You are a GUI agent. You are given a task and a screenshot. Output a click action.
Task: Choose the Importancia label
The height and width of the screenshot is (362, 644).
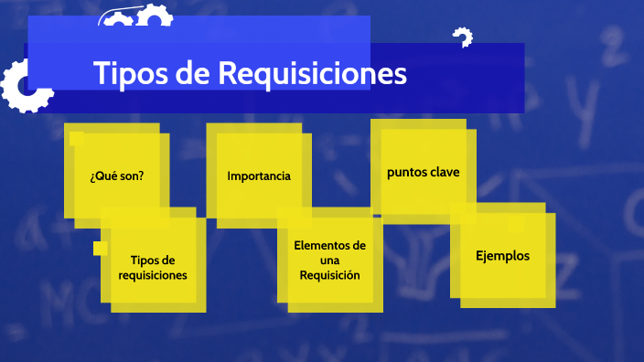coord(259,176)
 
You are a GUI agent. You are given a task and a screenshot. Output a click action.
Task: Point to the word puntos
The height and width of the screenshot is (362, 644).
coord(407,172)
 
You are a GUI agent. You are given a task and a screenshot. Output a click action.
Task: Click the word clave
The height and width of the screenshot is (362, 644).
coord(445,172)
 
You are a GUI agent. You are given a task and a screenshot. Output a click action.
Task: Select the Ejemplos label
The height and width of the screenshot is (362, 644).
coord(502,256)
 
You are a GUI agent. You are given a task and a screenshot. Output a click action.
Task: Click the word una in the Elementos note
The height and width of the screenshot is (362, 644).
coord(329,261)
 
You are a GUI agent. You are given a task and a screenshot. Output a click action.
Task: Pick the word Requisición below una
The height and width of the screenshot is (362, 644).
coord(329,275)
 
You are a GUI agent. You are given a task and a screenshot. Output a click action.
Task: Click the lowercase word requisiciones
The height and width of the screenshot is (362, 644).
coord(153,275)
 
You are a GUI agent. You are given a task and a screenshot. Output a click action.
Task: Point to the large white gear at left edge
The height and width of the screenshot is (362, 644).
coord(23,87)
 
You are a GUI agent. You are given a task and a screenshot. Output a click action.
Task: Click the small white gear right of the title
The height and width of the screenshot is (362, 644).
coord(463,37)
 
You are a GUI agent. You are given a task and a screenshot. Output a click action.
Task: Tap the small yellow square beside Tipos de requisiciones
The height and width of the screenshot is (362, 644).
coord(101,249)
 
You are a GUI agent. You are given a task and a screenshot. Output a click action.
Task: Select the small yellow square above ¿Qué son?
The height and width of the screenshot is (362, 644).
coord(77,138)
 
